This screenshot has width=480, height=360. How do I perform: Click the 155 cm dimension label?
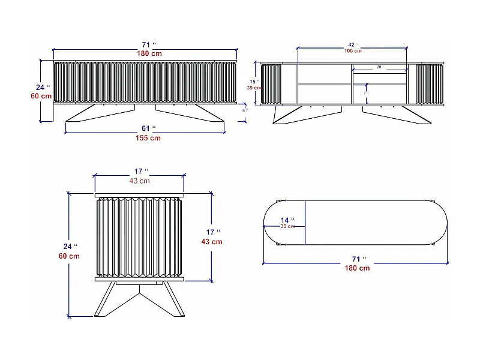point(147,138)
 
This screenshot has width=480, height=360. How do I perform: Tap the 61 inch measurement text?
point(148,128)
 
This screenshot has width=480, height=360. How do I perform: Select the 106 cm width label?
point(353,51)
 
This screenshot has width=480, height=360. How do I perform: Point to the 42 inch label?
point(353,44)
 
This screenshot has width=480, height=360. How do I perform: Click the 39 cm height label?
point(253,88)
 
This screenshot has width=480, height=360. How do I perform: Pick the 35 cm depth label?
point(287,226)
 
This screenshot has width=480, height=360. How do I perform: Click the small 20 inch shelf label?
point(379,67)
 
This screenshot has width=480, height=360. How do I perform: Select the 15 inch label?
point(253,81)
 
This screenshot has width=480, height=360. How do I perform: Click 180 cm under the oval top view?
point(356,268)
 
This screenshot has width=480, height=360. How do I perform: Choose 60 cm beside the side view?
point(70,256)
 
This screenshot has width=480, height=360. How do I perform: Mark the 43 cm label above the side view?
point(139,181)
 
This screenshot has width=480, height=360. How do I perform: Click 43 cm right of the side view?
point(211,242)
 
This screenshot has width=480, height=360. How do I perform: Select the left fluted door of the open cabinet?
point(271,84)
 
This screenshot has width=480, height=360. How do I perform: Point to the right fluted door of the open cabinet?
point(430,84)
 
